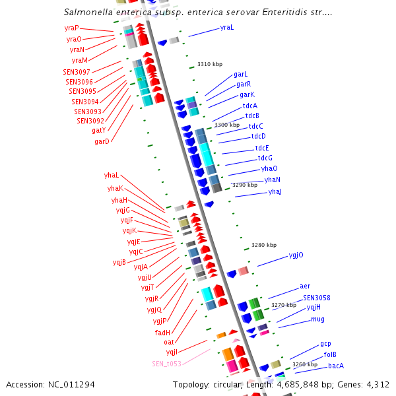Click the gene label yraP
tap(71, 28)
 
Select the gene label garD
tap(102, 141)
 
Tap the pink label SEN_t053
tap(166, 364)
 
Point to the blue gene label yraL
tap(227, 28)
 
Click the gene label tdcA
tap(250, 106)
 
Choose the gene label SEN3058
tap(317, 298)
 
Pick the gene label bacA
tap(336, 365)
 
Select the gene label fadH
tap(162, 332)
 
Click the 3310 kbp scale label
tap(210, 64)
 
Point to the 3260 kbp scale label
tap(305, 364)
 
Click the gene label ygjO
tap(296, 255)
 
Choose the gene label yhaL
tap(112, 175)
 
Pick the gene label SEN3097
tap(77, 71)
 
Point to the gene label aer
tap(305, 286)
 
